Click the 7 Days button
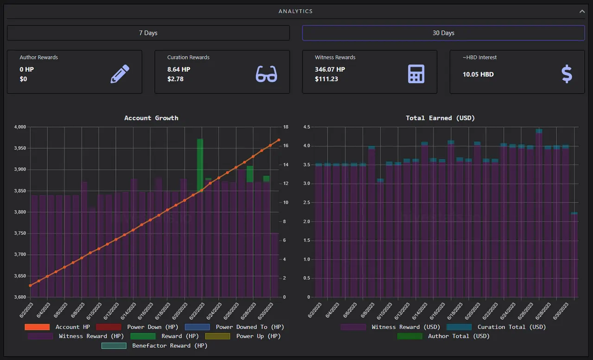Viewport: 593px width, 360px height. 148,33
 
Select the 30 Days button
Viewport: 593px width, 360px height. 443,33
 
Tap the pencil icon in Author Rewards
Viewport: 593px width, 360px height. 120,74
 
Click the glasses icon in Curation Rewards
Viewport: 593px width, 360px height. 266,74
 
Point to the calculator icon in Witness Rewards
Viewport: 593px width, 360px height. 416,74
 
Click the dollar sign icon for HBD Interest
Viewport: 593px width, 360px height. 567,74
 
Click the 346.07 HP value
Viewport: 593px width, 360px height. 330,69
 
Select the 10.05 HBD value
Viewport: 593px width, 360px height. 478,75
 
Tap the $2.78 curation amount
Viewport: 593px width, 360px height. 175,79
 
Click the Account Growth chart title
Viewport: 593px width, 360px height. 151,118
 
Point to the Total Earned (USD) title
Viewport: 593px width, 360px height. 440,118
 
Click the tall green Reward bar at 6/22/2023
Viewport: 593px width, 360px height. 200,164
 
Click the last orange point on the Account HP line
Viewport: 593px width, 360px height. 279,140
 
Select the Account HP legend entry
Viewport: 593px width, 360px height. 57,327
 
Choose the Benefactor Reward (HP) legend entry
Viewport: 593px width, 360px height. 154,346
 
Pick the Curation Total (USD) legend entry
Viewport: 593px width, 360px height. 496,327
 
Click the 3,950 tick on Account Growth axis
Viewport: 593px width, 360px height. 20,148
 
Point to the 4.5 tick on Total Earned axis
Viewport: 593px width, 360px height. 307,127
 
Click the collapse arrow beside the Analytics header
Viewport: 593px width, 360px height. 582,12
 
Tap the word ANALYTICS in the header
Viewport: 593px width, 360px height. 296,11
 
